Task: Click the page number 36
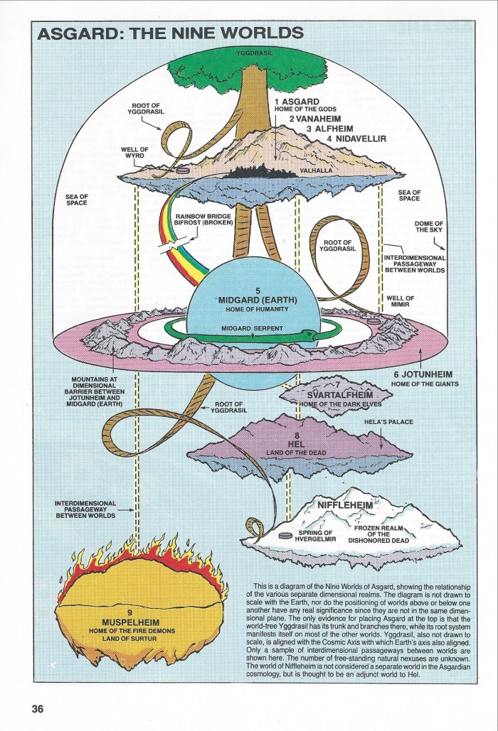37,708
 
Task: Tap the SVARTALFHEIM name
337,394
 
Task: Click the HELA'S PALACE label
389,422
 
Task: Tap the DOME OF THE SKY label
429,227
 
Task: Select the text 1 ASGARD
297,102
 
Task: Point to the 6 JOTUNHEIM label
432,374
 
